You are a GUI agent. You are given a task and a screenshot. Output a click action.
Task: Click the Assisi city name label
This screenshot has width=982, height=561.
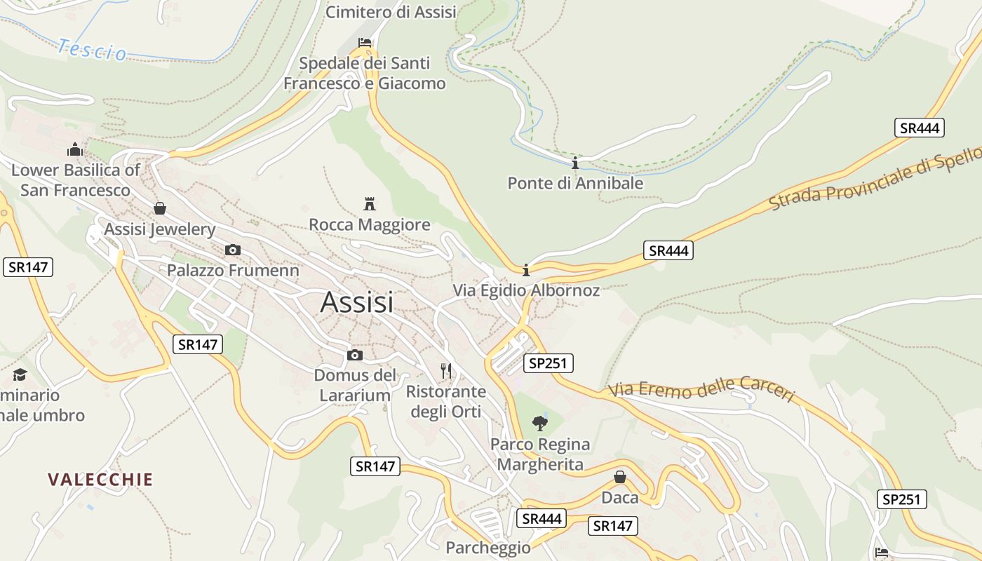(x=356, y=302)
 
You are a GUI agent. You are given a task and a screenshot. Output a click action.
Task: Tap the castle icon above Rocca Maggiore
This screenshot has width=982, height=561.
(x=370, y=204)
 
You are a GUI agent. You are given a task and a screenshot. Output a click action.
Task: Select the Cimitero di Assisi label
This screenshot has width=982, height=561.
(x=391, y=12)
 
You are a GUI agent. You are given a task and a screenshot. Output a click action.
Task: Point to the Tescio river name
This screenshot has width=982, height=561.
(x=92, y=50)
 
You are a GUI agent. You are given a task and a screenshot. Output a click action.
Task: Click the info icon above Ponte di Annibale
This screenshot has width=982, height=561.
(x=575, y=163)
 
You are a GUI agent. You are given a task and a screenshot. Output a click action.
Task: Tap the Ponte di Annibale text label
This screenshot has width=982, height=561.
(x=575, y=184)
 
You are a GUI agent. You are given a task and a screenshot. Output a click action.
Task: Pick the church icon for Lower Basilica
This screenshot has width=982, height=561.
(x=75, y=149)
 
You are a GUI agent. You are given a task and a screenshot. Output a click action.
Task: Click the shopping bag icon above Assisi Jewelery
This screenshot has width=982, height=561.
(x=160, y=208)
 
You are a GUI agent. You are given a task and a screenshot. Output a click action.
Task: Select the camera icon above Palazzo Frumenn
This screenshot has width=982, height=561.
(x=233, y=250)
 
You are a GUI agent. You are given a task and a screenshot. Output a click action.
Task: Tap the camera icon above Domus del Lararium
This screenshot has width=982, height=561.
(x=355, y=355)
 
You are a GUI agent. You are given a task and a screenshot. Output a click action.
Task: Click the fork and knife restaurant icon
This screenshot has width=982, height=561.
(x=446, y=370)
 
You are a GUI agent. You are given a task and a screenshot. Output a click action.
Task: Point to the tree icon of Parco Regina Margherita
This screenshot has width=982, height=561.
(x=539, y=423)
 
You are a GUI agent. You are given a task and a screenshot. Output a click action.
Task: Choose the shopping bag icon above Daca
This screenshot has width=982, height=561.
(x=620, y=477)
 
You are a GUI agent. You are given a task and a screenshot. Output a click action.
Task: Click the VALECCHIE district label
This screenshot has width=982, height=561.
(x=100, y=480)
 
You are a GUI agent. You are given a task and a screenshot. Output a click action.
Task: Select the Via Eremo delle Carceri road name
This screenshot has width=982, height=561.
(x=701, y=390)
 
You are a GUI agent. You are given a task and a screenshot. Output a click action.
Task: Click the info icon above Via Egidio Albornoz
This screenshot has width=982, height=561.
(x=526, y=270)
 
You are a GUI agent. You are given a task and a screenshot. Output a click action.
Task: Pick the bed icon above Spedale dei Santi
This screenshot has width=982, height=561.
(x=365, y=43)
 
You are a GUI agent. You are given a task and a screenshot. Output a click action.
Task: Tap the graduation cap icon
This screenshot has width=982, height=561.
(x=20, y=374)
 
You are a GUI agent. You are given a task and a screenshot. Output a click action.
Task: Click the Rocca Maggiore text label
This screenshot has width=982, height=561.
(x=370, y=225)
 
